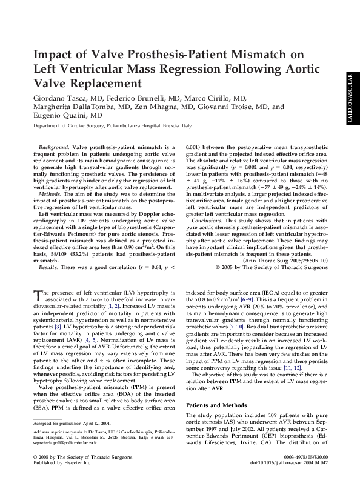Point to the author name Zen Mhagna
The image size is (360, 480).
click(164, 107)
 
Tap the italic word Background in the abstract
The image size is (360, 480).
click(52, 147)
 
